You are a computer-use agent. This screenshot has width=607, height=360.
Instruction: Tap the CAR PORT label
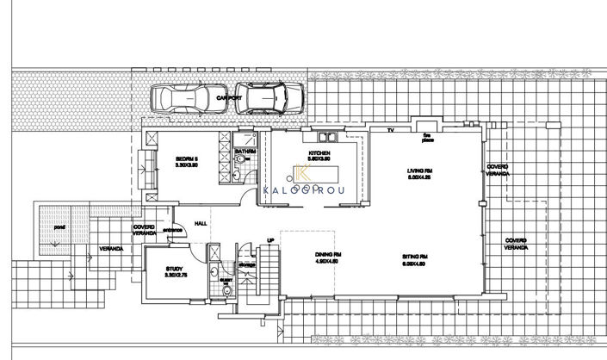(228, 100)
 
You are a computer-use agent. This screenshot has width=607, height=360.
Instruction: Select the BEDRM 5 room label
(188, 159)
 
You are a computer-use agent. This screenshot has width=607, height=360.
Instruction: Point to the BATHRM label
(246, 152)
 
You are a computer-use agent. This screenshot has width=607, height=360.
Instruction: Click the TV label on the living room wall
(390, 131)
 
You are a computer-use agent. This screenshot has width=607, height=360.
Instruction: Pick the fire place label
(426, 135)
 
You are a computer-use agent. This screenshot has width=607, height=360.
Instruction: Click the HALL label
(201, 223)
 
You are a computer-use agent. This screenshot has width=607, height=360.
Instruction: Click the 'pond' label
(59, 228)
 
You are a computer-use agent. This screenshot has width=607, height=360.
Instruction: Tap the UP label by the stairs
(269, 240)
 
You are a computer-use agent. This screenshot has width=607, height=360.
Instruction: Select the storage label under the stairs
(245, 264)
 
